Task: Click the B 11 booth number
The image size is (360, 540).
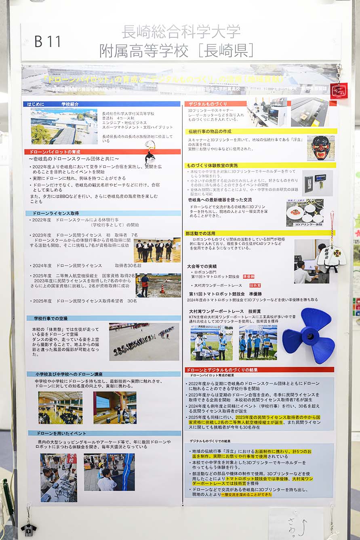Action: pos(48,41)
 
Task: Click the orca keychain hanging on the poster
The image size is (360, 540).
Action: pos(150,155)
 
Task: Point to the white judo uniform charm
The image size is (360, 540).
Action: pos(332,257)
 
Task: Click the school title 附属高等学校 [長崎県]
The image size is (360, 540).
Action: pos(177,51)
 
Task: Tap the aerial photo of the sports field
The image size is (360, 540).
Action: pos(144,342)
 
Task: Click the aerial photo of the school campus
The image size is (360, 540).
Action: pos(64,126)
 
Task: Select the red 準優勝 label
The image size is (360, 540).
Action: pos(248,277)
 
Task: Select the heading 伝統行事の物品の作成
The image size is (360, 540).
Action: pos(209,131)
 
